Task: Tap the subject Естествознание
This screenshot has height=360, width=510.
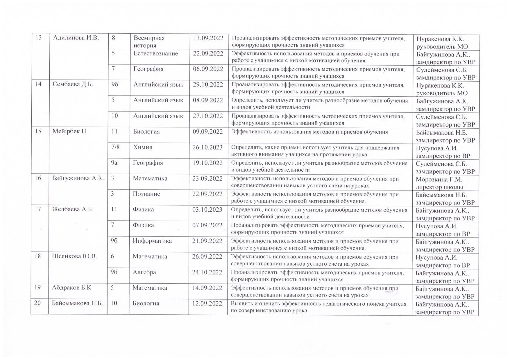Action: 155,54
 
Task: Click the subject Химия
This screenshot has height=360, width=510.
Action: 142,147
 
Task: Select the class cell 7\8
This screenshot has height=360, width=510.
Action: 115,147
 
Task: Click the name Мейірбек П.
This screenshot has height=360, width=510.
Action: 70,132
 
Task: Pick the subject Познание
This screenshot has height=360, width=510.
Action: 146,194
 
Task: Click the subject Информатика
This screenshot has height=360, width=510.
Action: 152,241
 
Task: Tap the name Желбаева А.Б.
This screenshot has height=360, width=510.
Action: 73,210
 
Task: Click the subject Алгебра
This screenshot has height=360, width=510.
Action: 144,272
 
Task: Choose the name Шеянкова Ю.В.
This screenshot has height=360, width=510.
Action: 74,257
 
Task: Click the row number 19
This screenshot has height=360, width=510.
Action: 38,288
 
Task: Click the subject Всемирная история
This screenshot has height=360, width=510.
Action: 149,42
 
